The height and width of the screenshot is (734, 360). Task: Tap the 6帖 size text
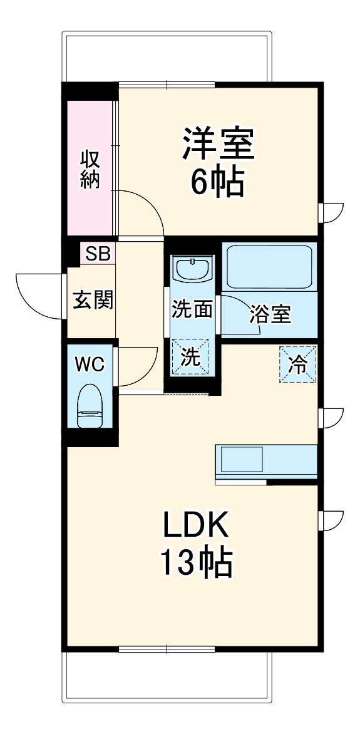click(218, 183)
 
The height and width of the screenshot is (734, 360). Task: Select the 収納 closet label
click(90, 169)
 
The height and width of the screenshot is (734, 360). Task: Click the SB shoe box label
click(98, 254)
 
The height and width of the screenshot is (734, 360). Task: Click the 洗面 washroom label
click(192, 309)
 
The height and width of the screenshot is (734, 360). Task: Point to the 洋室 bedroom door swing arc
click(143, 213)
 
